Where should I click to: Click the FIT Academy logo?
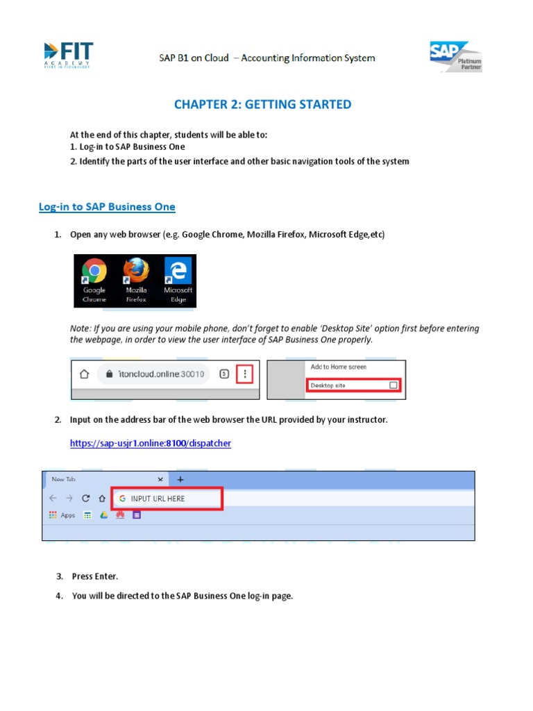tap(68, 56)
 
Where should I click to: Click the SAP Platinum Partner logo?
tap(455, 57)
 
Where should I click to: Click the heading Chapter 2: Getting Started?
tap(262, 105)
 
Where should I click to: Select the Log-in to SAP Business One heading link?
tap(107, 207)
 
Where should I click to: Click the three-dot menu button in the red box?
tap(244, 374)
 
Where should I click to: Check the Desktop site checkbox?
tap(394, 385)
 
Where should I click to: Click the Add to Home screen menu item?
tap(339, 367)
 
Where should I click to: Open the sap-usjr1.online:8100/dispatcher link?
tap(151, 443)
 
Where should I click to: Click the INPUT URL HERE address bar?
tap(167, 499)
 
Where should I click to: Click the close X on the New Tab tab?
tap(160, 479)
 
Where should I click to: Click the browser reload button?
tap(85, 499)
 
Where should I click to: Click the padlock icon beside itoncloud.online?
tap(107, 374)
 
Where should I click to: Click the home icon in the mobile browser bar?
tap(85, 374)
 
